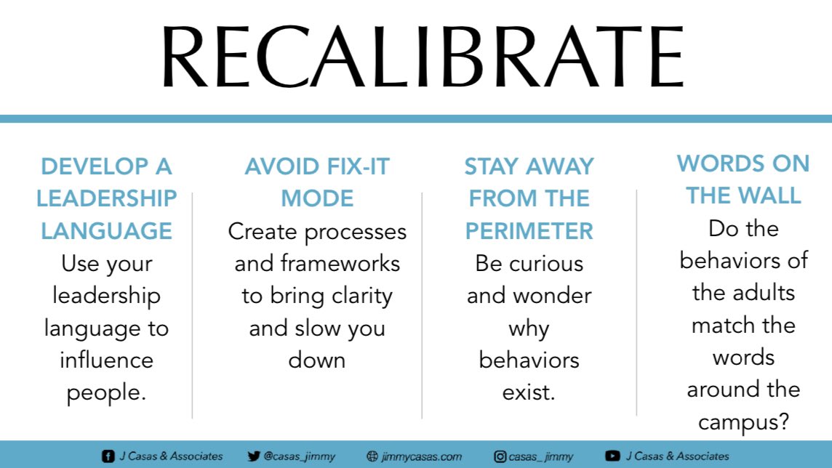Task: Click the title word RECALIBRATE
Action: point(422,58)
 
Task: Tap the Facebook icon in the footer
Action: point(108,456)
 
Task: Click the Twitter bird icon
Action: point(253,456)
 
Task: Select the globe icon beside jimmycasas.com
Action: point(372,456)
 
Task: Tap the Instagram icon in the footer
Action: point(500,456)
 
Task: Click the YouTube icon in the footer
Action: point(612,456)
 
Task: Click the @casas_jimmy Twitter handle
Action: point(298,456)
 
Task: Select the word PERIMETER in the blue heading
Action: point(529,231)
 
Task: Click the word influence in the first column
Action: point(107,360)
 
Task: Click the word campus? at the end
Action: point(743,422)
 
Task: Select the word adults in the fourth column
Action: point(765,293)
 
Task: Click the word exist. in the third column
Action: point(529,392)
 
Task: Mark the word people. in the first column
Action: point(107,392)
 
